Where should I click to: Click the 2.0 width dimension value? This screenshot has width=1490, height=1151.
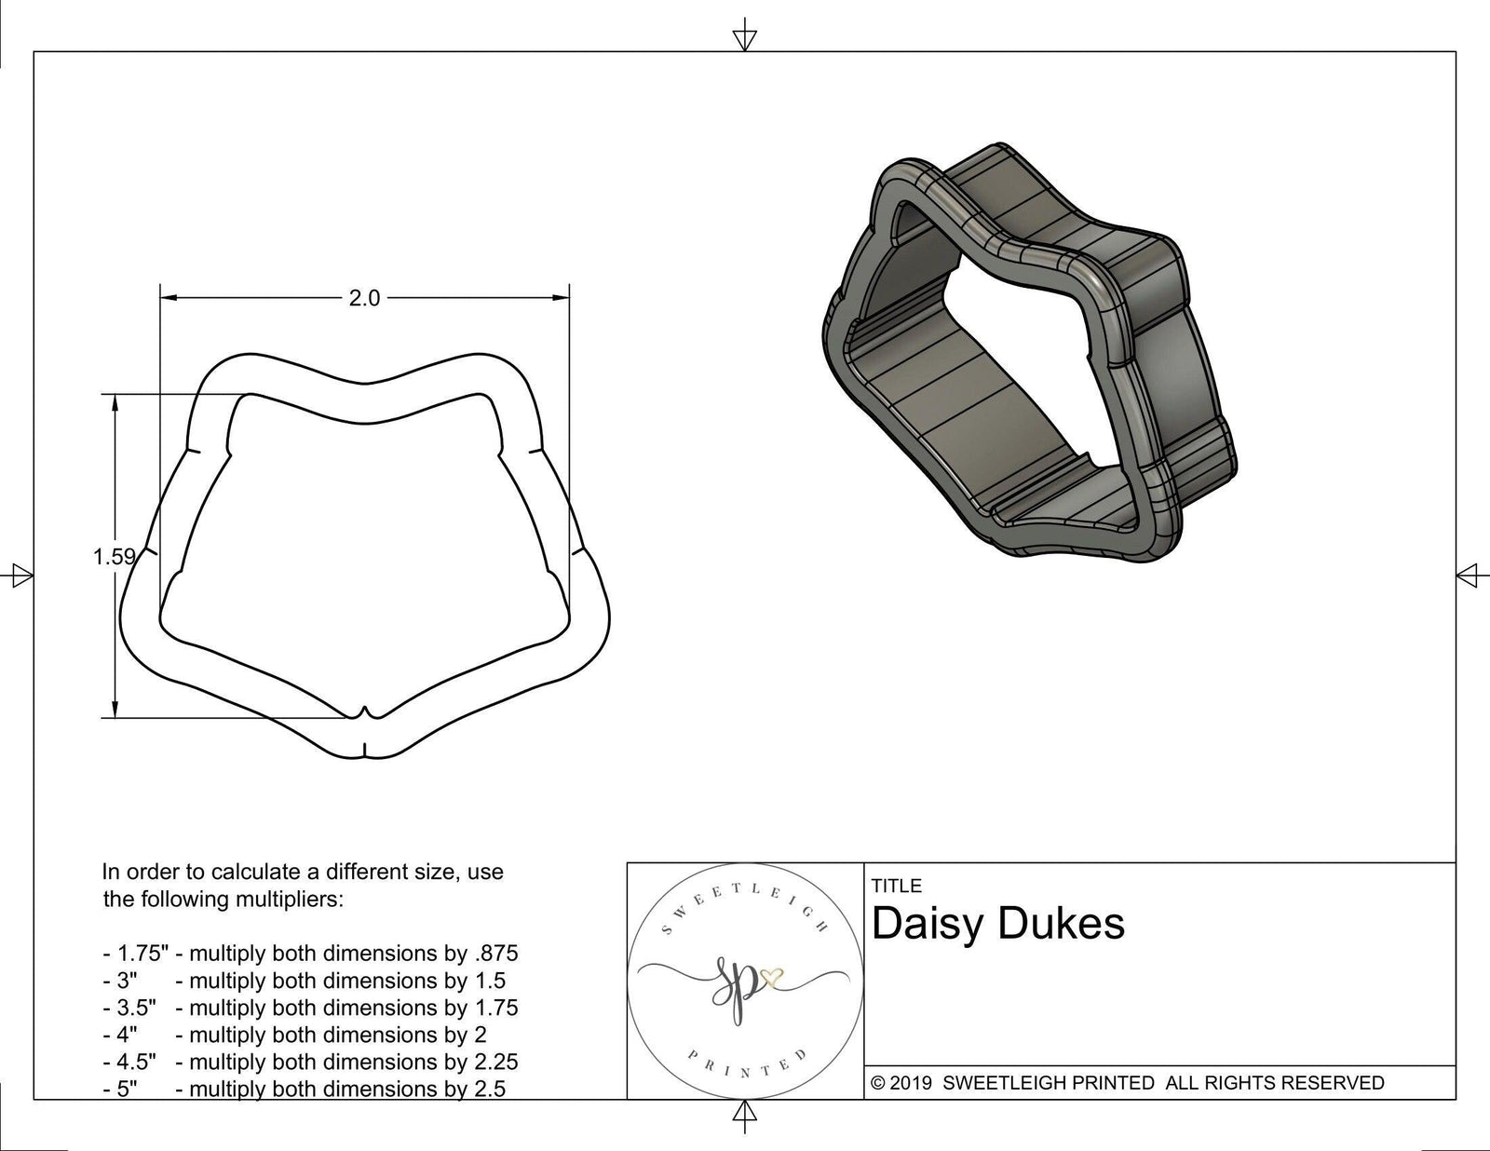(364, 298)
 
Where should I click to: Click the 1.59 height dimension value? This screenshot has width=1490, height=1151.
(115, 557)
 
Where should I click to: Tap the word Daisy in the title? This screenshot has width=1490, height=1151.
(927, 924)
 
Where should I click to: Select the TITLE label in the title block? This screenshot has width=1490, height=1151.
(896, 886)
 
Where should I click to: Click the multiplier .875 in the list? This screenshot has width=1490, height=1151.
(494, 954)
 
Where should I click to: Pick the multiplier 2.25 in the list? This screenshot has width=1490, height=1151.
(494, 1062)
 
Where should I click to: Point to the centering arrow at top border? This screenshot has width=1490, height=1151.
(744, 37)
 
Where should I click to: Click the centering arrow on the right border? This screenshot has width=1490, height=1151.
(1468, 575)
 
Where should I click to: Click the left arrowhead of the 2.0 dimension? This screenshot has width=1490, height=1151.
(169, 298)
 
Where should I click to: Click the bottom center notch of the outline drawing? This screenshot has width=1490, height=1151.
(364, 715)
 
